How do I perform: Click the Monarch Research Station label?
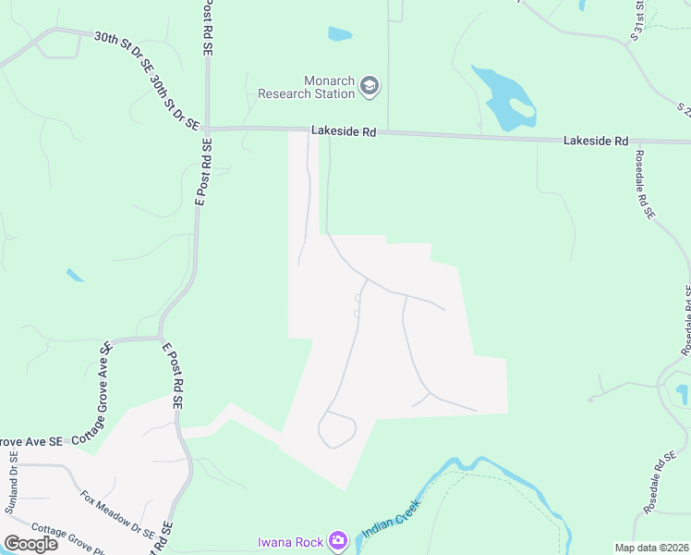[x=306, y=87]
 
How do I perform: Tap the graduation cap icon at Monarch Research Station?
[x=370, y=86]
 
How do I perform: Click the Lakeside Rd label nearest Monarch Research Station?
[x=344, y=132]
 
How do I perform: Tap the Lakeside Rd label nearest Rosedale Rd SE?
[x=596, y=141]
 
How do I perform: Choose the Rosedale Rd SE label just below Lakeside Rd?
[x=644, y=184]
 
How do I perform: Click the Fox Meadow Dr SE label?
[x=116, y=513]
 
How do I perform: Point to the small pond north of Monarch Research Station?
[x=339, y=34]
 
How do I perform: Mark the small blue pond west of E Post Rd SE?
[x=75, y=275]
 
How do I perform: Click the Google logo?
[x=30, y=543]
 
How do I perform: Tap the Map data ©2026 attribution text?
[x=652, y=548]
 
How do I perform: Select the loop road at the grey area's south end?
[x=337, y=430]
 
